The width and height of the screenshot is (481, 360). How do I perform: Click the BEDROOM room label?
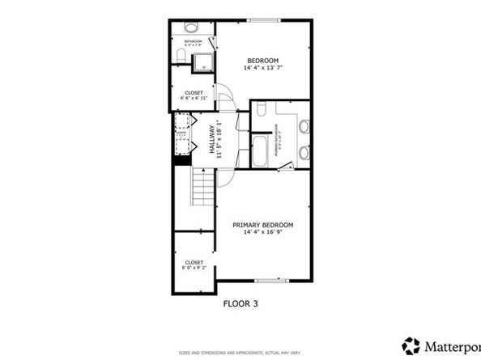[x=262, y=61]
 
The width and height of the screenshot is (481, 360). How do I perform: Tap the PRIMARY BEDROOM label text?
[x=262, y=224]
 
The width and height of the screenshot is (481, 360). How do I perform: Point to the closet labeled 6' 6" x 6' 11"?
[x=194, y=95]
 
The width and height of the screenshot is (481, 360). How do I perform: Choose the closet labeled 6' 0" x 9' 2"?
[x=194, y=265]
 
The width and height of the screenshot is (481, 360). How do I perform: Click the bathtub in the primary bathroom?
[x=260, y=152]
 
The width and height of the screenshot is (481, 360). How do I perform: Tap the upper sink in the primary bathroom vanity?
[x=304, y=126]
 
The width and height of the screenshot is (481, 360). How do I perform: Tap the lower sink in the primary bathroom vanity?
[x=304, y=151]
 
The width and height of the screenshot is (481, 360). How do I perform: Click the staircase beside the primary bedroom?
[x=202, y=192]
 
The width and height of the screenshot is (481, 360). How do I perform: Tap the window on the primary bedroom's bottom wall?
[x=267, y=281]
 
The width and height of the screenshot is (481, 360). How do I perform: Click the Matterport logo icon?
[x=412, y=345]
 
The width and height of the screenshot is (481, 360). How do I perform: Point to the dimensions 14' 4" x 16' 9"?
[x=262, y=232]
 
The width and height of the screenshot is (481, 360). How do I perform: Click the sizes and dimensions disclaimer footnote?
[x=241, y=354]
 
